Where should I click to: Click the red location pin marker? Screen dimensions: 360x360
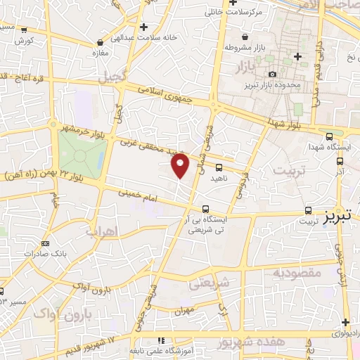[181, 165]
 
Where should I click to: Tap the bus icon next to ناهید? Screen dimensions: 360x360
[219, 167]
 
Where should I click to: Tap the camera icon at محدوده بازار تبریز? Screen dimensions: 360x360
[272, 75]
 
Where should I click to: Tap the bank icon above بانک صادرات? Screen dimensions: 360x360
[46, 243]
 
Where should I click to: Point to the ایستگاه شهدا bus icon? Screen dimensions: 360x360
[330, 136]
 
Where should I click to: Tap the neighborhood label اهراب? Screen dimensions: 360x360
[100, 231]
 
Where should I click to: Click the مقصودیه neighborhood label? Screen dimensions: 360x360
[297, 271]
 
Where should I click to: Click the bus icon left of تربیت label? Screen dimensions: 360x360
[308, 210]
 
